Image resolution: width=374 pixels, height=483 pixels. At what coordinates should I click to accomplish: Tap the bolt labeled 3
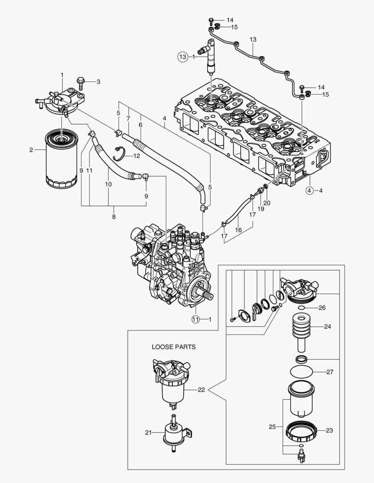82,82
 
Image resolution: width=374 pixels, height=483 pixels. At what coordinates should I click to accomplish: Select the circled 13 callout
182,57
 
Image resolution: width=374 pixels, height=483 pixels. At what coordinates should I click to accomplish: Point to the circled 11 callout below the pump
195,319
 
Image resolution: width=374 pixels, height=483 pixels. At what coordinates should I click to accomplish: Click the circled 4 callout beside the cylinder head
310,191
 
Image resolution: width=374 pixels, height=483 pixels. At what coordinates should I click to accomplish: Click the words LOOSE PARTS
173,347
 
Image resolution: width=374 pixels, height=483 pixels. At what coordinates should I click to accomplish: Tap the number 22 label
201,390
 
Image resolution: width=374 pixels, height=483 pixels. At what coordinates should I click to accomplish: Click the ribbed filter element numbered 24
301,331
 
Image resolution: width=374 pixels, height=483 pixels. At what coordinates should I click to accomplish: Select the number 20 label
267,203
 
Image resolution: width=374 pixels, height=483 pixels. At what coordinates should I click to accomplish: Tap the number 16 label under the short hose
238,229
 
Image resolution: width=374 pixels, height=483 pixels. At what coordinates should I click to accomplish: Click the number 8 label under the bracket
114,217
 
